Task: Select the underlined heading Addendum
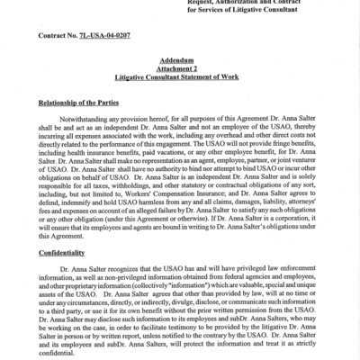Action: [180, 67]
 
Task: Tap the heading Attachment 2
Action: [180, 78]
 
